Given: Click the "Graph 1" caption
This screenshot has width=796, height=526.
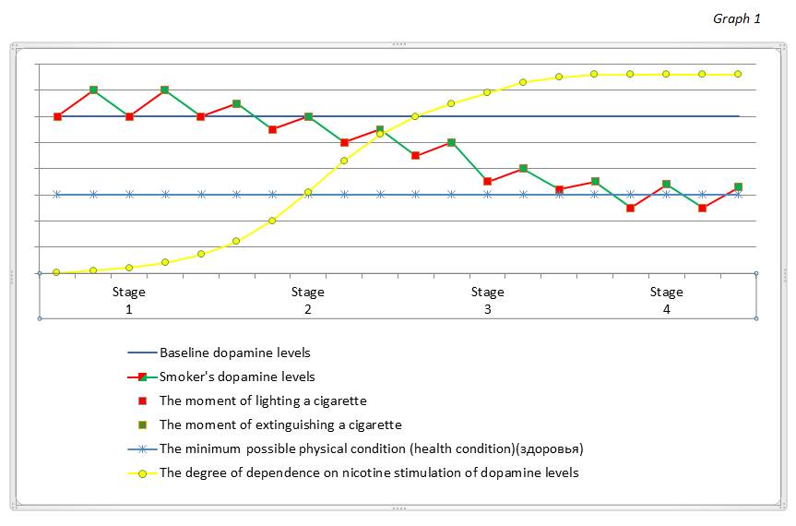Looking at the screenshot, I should point(736,19).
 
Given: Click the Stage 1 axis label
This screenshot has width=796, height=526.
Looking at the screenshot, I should point(129,301).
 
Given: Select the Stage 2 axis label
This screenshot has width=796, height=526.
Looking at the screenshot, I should point(308,301).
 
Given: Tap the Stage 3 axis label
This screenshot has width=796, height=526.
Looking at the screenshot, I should point(488,301).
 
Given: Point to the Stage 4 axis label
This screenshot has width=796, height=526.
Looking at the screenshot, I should point(666,301).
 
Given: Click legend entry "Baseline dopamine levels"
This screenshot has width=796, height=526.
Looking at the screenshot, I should point(234,353).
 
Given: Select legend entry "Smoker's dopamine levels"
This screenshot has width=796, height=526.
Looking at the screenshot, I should point(237,377).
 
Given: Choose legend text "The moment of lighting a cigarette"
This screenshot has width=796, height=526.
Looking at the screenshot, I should point(263,400).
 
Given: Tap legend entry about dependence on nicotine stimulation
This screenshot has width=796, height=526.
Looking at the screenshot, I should point(369,472).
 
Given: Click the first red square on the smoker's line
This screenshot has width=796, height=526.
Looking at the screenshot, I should point(57,116).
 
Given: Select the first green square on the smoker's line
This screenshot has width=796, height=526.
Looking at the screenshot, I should point(93,90).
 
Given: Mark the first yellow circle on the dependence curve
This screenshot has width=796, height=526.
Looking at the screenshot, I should point(57,272).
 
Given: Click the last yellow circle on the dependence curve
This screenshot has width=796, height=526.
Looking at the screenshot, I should point(738,74).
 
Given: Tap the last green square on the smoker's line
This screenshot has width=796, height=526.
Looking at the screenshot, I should point(738,186).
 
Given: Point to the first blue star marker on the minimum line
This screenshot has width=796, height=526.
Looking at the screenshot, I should point(57,194).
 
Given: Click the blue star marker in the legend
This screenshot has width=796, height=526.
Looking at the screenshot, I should point(142,448).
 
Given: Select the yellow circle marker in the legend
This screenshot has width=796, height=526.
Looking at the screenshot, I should point(142,472).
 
